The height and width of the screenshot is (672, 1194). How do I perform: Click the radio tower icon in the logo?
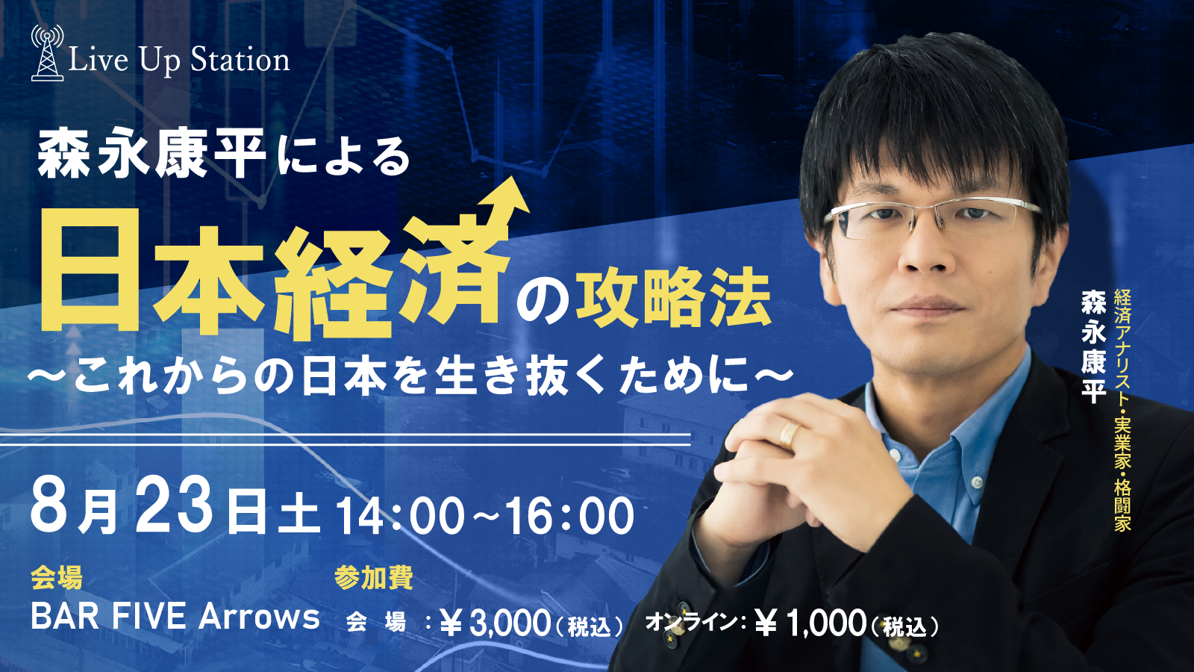[x=48, y=53]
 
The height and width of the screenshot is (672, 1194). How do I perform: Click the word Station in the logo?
[x=240, y=60]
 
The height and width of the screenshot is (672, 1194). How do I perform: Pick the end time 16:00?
[x=569, y=516]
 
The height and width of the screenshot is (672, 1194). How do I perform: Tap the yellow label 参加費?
[x=374, y=577]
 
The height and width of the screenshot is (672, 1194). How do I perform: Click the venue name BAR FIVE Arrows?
[x=175, y=617]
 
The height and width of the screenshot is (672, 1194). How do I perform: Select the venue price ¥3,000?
[x=495, y=623]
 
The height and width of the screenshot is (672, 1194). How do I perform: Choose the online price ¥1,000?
[x=810, y=623]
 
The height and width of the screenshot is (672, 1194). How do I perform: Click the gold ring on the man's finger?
[x=788, y=434]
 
